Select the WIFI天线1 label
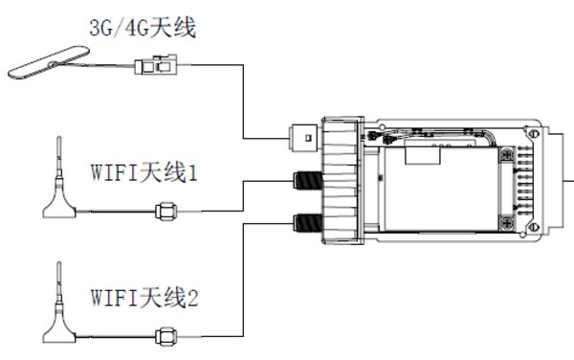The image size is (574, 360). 146,175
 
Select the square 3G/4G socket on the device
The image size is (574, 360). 305,137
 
